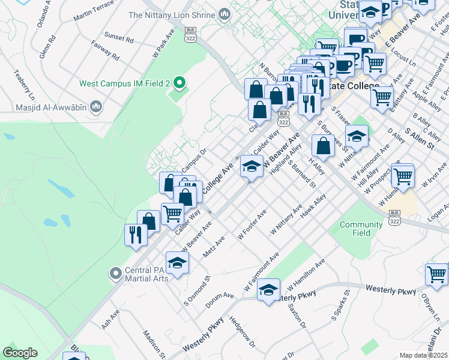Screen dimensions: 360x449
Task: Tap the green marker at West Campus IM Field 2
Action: [178, 82]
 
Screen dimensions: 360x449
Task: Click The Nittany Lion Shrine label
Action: [172, 15]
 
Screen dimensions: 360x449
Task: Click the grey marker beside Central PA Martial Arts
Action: [115, 274]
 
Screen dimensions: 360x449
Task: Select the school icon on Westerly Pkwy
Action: [268, 289]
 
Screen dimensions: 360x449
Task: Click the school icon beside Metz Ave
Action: [177, 263]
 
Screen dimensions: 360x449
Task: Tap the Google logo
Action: [20, 353]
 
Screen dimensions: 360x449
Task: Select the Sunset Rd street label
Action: [118, 37]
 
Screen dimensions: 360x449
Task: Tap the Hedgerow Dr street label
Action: [243, 332]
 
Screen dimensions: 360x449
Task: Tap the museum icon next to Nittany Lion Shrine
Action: [224, 14]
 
